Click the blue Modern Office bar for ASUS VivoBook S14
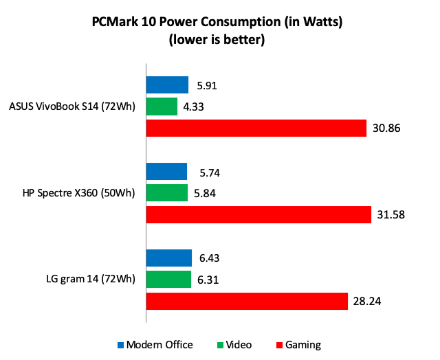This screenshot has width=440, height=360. pyautogui.click(x=167, y=85)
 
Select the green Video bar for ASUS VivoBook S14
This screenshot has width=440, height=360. pyautogui.click(x=162, y=106)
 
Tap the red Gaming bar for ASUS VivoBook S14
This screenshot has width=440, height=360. pyautogui.click(x=256, y=128)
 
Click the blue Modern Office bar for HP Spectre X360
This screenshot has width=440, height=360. pyautogui.click(x=166, y=172)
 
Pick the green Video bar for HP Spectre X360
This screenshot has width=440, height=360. pyautogui.click(x=167, y=193)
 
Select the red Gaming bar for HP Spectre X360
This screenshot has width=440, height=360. pyautogui.click(x=258, y=214)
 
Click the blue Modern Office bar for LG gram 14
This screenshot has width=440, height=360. pyautogui.click(x=168, y=258)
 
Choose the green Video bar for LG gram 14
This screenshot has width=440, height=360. pyautogui.click(x=168, y=279)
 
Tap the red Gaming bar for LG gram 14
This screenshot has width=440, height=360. pyautogui.click(x=247, y=300)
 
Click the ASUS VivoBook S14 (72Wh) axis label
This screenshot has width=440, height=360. pyautogui.click(x=71, y=106)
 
